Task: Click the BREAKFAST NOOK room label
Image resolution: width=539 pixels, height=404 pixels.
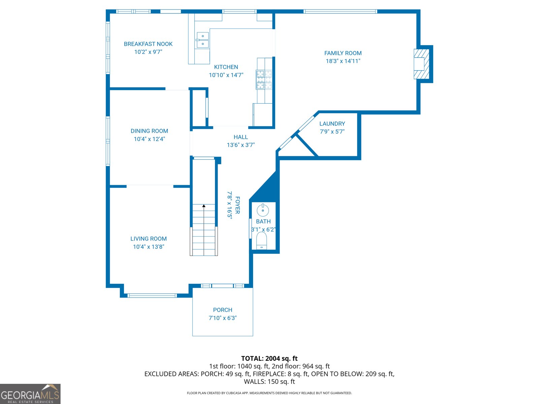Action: pos(148,44)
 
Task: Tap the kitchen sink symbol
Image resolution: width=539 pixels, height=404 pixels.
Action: pos(202,40)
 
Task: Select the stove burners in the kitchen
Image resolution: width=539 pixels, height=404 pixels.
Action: pos(264,79)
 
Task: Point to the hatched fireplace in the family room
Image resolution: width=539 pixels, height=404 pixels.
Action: pos(421,64)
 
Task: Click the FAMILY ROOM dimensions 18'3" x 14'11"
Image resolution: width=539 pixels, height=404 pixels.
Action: pos(343,61)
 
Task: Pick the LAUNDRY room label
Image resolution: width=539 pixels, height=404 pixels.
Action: pos(332,124)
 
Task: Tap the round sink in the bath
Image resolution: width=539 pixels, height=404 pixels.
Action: pos(263,210)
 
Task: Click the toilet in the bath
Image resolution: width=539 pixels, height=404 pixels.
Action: pos(261,241)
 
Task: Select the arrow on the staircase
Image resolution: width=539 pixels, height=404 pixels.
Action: pos(203,206)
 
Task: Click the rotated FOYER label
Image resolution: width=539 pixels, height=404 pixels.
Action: pos(237,205)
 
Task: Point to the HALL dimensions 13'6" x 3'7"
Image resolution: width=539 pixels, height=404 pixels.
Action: pos(241,145)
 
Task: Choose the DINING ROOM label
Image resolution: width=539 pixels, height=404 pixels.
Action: pos(149,131)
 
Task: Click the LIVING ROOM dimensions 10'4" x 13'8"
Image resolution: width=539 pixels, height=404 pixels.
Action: pos(148,247)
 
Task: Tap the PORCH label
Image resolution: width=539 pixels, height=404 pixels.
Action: pos(222,310)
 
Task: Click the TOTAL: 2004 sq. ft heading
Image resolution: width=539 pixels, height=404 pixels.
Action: pos(269,359)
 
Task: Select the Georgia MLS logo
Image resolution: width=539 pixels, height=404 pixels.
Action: pos(30,394)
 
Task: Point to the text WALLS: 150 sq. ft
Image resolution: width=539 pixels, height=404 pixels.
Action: pos(269,382)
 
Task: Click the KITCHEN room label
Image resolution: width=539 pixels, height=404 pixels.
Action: pos(226,67)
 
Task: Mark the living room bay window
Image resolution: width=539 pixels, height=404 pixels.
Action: pos(152,296)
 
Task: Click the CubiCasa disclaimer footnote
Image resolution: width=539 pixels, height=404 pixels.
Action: pos(269,393)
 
